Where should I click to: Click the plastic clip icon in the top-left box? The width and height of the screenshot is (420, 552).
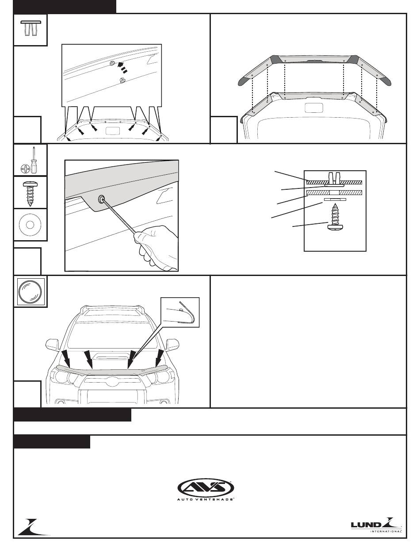(x=31, y=28)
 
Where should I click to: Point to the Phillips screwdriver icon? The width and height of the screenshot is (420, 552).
(x=30, y=160)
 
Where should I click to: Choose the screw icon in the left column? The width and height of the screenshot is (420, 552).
(x=30, y=193)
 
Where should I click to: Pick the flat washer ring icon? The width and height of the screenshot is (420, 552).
(x=30, y=225)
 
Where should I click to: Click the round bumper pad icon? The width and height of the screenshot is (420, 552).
(x=30, y=291)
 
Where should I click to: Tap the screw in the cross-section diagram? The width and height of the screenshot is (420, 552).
(x=335, y=218)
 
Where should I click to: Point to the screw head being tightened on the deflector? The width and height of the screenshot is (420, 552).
(x=101, y=199)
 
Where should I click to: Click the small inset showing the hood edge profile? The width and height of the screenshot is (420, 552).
(x=180, y=312)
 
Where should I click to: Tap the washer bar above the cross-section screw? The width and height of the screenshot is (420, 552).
(x=335, y=199)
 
